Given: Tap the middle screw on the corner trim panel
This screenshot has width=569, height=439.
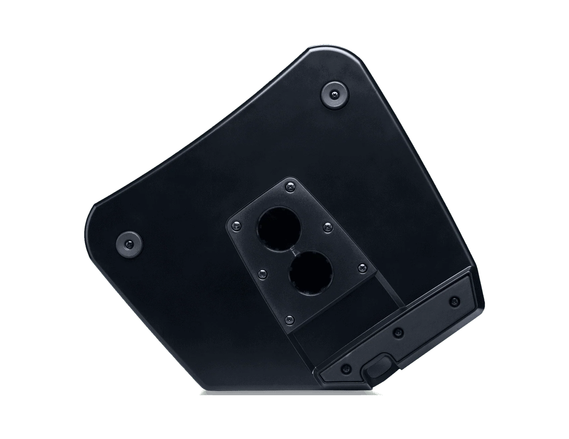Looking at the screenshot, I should [399, 331].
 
